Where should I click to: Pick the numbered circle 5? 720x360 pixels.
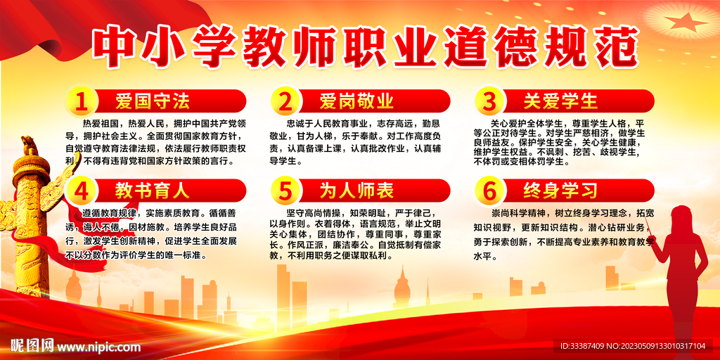click(285, 191)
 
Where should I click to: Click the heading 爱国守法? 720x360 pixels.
click(153, 101)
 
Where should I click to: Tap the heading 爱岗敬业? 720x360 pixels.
click(356, 101)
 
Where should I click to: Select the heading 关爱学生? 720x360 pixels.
click(560, 101)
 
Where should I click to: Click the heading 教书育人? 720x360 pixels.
click(153, 190)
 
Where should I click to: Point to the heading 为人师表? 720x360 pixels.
click(356, 190)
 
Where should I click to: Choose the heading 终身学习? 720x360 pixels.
click(560, 190)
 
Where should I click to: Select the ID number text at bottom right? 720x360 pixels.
click(633, 346)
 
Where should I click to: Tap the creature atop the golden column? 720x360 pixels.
click(29, 146)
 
